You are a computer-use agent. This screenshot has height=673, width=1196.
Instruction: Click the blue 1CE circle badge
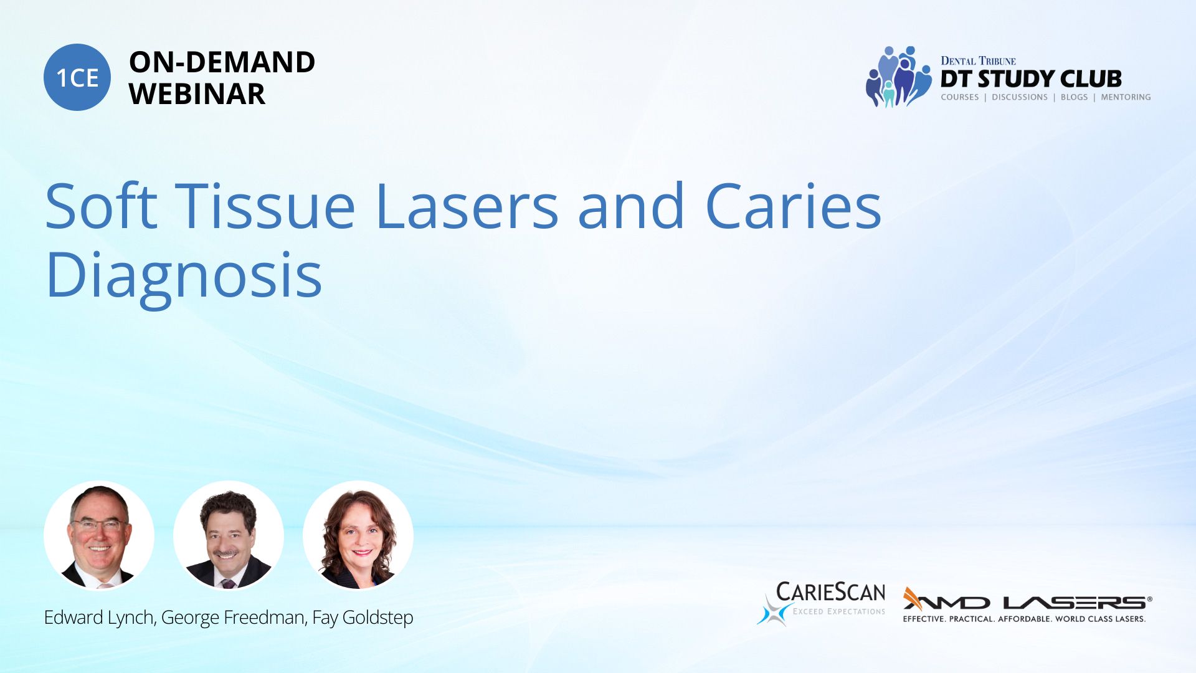(77, 77)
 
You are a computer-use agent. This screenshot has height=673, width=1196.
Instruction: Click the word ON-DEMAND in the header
(222, 62)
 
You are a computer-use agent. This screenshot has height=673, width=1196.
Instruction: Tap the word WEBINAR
(197, 94)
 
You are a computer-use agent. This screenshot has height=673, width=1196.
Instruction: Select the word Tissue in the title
(268, 206)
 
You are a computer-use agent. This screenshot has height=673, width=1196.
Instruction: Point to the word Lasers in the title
(467, 206)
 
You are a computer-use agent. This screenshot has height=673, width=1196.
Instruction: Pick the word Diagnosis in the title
(184, 276)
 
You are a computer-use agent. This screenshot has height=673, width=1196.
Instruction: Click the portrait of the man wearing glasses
(99, 535)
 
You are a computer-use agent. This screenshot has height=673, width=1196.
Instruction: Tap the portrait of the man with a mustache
(229, 535)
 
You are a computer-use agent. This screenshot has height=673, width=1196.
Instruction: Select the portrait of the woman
(358, 535)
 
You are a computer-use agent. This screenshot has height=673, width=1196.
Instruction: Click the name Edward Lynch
(99, 618)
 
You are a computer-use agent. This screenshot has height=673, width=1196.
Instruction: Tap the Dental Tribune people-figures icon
(898, 77)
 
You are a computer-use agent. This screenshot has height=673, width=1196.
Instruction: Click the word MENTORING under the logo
(1126, 97)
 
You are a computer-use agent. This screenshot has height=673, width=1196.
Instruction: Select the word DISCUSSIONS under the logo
(1020, 97)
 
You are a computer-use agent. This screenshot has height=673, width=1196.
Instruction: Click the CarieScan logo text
(830, 592)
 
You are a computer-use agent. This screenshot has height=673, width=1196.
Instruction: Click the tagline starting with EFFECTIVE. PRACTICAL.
(1024, 619)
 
